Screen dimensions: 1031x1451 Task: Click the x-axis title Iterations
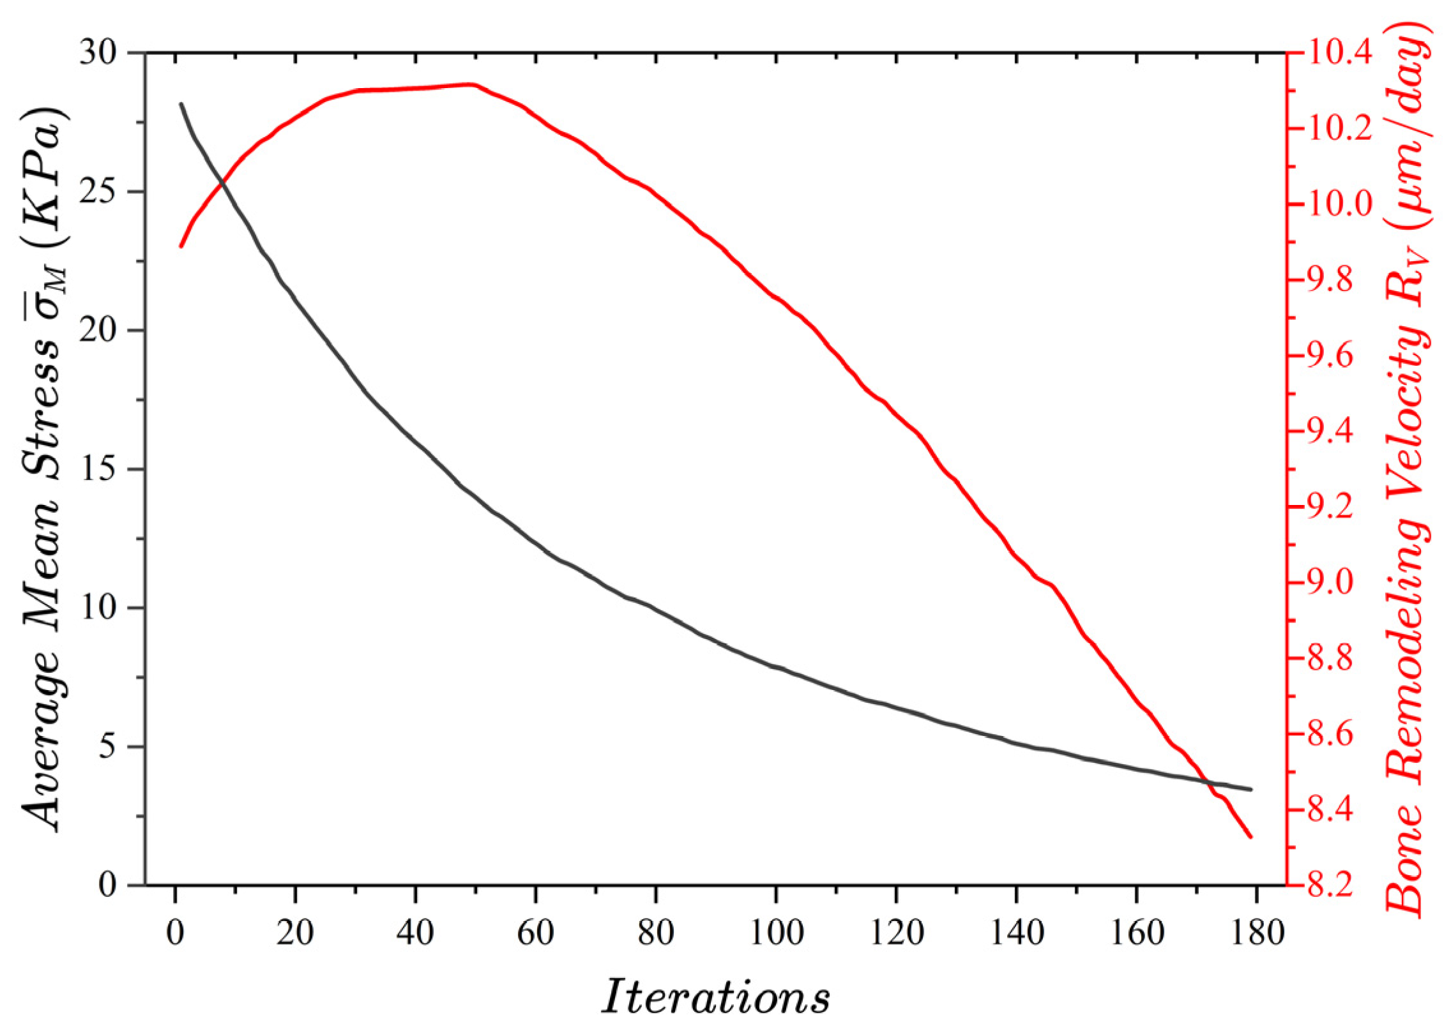[x=716, y=997]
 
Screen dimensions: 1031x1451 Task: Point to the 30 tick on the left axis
[x=99, y=52]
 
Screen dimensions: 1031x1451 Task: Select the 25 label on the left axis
[x=99, y=192]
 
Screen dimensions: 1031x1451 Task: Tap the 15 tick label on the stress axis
[x=99, y=469]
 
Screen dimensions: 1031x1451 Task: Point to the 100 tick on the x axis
[x=776, y=933]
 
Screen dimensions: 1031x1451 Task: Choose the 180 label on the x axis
[x=1257, y=933]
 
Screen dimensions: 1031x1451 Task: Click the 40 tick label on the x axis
[x=415, y=933]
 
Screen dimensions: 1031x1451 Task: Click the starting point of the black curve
[x=181, y=103]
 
